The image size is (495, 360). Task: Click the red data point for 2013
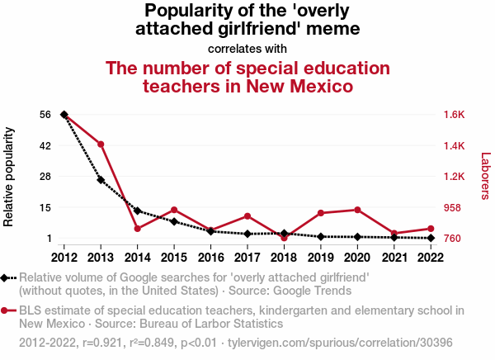tap(101, 144)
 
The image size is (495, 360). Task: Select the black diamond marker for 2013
tap(101, 180)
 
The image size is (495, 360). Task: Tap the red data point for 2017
tap(247, 216)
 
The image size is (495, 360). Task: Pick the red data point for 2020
tap(357, 210)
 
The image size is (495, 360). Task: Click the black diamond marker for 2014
tap(137, 211)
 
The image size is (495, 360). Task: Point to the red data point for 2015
tap(174, 210)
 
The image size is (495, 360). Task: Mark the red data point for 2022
tap(431, 228)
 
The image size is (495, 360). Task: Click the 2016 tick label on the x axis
tap(210, 256)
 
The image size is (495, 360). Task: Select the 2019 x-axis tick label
tap(321, 256)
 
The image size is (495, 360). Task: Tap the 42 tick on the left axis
tap(45, 145)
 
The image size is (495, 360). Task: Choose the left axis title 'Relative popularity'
tap(10, 177)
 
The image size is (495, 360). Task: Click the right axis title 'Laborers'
tap(485, 176)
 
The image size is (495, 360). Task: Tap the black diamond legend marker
tap(6, 278)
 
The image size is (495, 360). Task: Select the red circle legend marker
tap(6, 311)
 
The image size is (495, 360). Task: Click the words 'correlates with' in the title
tap(247, 48)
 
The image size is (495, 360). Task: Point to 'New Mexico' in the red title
tap(295, 85)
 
